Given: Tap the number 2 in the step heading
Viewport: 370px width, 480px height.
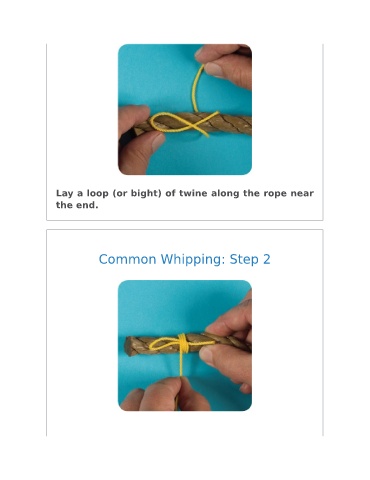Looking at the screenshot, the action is point(266,259).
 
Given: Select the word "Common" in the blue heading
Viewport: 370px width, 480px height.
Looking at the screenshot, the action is point(127,259).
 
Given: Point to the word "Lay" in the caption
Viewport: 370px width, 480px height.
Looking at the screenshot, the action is point(65,194).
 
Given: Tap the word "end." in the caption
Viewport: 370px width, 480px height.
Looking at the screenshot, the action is point(88,205).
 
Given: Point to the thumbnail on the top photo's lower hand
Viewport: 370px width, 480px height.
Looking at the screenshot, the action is point(158,143).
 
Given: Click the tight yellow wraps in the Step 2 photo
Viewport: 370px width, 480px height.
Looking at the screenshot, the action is point(182,342).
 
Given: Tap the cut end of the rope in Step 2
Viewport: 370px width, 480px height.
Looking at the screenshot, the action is point(129,347).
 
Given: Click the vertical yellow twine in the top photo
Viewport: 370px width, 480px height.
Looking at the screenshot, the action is point(196,88).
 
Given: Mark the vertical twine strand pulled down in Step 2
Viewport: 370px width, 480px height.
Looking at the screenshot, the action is point(181,364).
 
